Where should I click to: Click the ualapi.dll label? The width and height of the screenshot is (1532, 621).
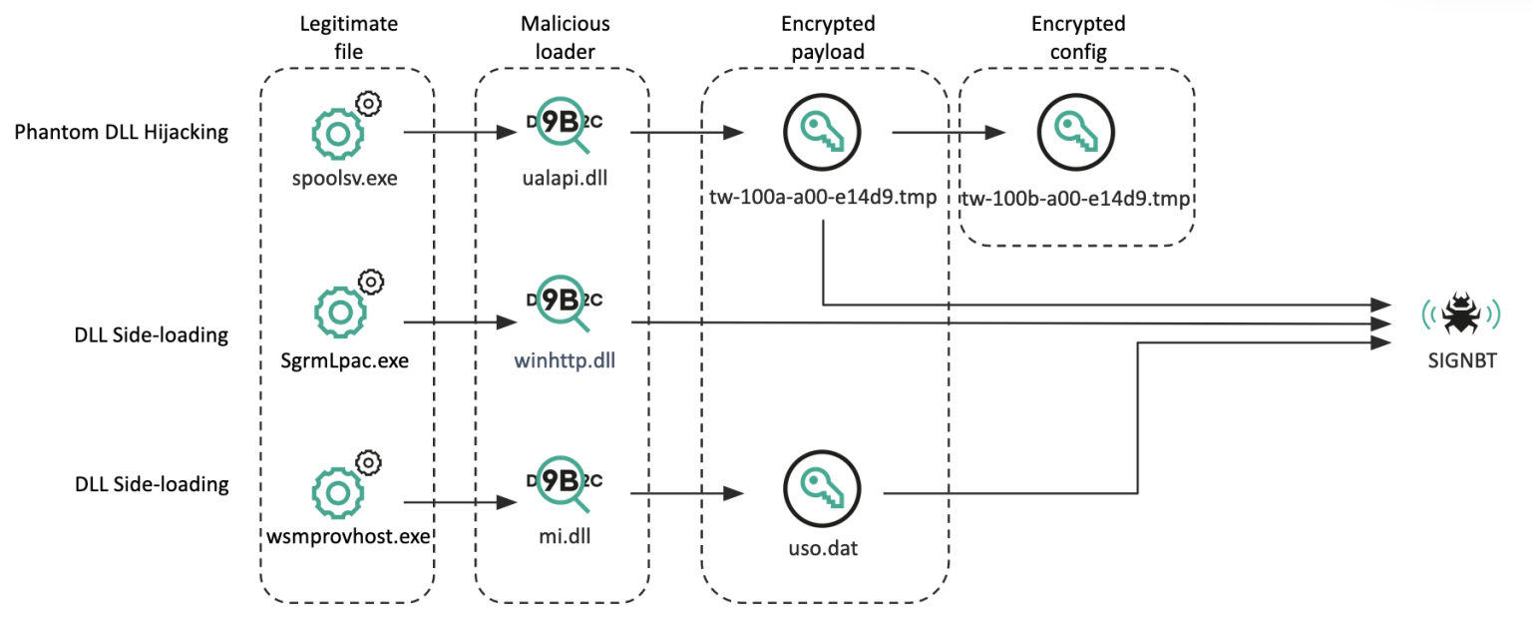pyautogui.click(x=565, y=182)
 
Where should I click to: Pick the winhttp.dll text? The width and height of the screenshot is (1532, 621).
pyautogui.click(x=565, y=360)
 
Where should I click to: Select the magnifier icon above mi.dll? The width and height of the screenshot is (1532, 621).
pyautogui.click(x=565, y=482)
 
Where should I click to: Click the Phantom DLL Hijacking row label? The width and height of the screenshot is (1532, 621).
pyautogui.click(x=122, y=133)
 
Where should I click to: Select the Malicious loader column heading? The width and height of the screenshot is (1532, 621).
pyautogui.click(x=565, y=36)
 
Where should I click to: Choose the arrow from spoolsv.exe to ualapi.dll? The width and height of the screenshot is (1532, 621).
pyautogui.click(x=460, y=132)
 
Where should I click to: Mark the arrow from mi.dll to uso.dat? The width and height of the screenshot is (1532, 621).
pyautogui.click(x=688, y=492)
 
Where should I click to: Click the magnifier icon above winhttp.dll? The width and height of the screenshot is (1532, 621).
pyautogui.click(x=565, y=305)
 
